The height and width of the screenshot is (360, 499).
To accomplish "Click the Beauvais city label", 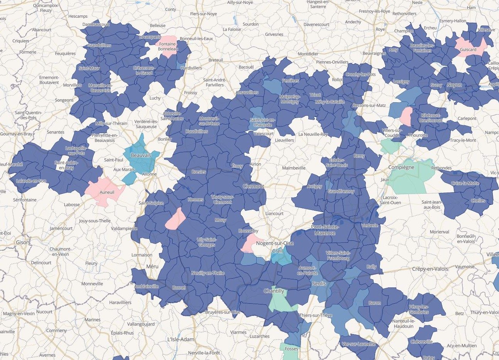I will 141,155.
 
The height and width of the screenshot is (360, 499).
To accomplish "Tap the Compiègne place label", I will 401,167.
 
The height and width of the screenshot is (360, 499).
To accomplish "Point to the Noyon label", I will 454,85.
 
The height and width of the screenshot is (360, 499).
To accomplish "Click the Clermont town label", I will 253,186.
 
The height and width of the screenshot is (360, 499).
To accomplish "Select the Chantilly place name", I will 274,291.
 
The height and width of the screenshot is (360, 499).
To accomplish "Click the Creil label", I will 277,251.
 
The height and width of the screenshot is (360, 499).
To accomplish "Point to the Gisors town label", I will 23,242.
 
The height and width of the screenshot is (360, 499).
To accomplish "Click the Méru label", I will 152,266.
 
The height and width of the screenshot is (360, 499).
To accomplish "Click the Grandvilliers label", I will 99,46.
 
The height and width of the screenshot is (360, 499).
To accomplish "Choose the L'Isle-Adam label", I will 181,340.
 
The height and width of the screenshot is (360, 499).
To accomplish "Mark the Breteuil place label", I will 215,60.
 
